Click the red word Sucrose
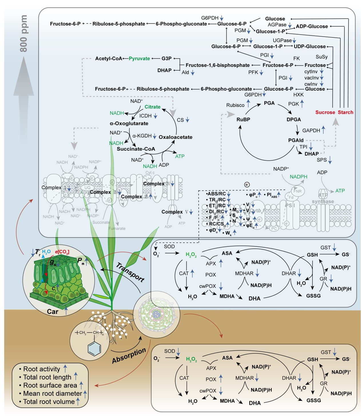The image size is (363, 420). pyautogui.click(x=325, y=112)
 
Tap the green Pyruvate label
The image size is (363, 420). pyautogui.click(x=139, y=59)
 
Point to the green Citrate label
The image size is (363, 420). pyautogui.click(x=152, y=107)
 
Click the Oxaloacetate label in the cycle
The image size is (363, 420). pyautogui.click(x=175, y=137)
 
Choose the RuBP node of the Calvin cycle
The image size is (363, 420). pyautogui.click(x=243, y=120)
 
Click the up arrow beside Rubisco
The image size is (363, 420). pyautogui.click(x=248, y=103)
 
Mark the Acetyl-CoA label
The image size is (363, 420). pyautogui.click(x=109, y=59)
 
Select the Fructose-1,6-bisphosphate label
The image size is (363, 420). pyautogui.click(x=218, y=65)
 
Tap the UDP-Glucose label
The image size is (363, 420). pyautogui.click(x=310, y=46)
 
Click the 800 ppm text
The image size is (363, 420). pyautogui.click(x=24, y=33)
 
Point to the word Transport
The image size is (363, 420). pyautogui.click(x=130, y=272)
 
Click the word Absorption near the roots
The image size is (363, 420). pyautogui.click(x=129, y=356)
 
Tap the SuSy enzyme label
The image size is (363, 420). pyautogui.click(x=322, y=57)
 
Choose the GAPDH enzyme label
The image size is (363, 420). pyautogui.click(x=311, y=131)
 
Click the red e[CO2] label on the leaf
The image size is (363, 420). pyautogui.click(x=62, y=252)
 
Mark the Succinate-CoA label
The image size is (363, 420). pyautogui.click(x=136, y=149)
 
